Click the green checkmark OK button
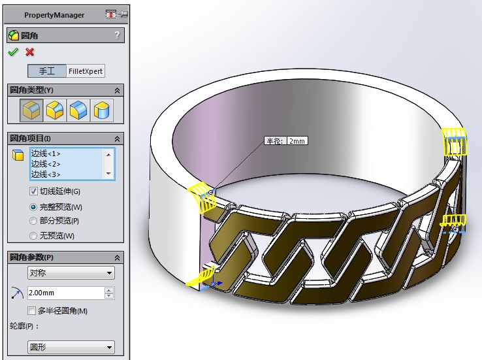click(13, 52)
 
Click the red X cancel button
click(29, 52)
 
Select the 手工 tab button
click(47, 71)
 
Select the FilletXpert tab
click(86, 71)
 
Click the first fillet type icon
click(31, 110)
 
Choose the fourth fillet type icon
click(102, 110)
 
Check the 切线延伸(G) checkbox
click(34, 191)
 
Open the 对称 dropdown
click(71, 273)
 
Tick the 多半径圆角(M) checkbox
click(32, 310)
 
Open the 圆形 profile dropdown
click(71, 348)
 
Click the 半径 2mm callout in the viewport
click(285, 140)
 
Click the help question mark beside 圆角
click(117, 35)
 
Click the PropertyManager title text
click(54, 15)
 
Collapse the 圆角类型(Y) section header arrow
click(118, 90)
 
